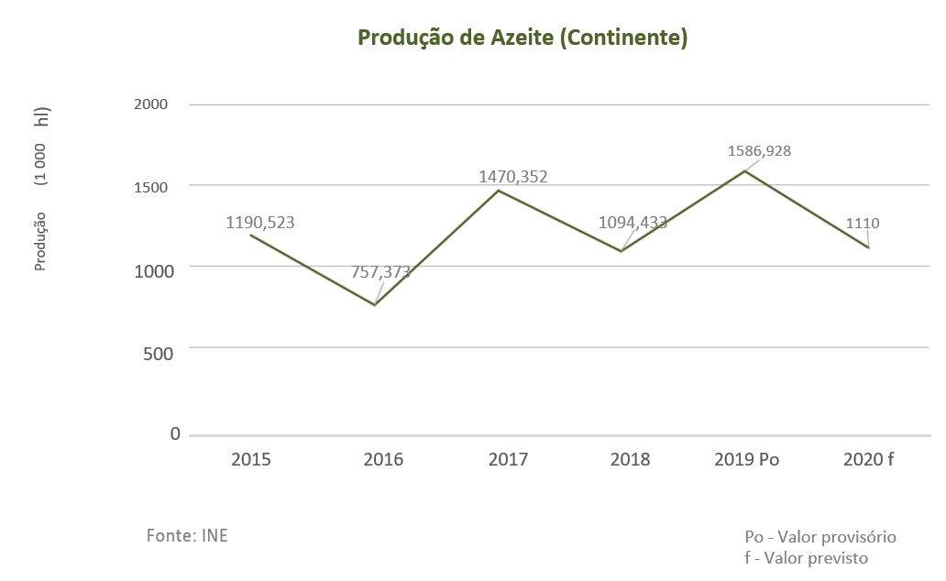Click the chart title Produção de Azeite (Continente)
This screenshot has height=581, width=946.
[x=522, y=38]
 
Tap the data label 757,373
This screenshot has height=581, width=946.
[x=379, y=272]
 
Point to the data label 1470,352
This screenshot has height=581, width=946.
[x=512, y=177]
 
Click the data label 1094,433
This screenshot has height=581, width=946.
[x=632, y=223]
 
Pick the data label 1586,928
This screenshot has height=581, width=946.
[x=759, y=151]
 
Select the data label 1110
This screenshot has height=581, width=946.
[x=863, y=223]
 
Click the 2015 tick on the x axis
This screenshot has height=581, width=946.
[x=250, y=460]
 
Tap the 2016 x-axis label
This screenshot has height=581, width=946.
[x=382, y=460]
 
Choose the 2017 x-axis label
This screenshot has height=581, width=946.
[x=508, y=460]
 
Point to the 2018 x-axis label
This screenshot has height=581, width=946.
[x=630, y=460]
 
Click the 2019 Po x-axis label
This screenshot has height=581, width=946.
[x=746, y=460]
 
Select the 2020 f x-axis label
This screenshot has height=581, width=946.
[x=868, y=460]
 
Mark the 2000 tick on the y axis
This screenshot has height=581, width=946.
[x=151, y=104]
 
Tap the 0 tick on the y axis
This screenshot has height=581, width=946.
[x=175, y=434]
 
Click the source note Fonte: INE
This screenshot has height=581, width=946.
[x=187, y=536]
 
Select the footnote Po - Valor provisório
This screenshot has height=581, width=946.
[x=820, y=537]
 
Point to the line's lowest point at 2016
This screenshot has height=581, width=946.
[x=375, y=304]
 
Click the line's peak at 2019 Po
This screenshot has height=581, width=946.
[x=744, y=170]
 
